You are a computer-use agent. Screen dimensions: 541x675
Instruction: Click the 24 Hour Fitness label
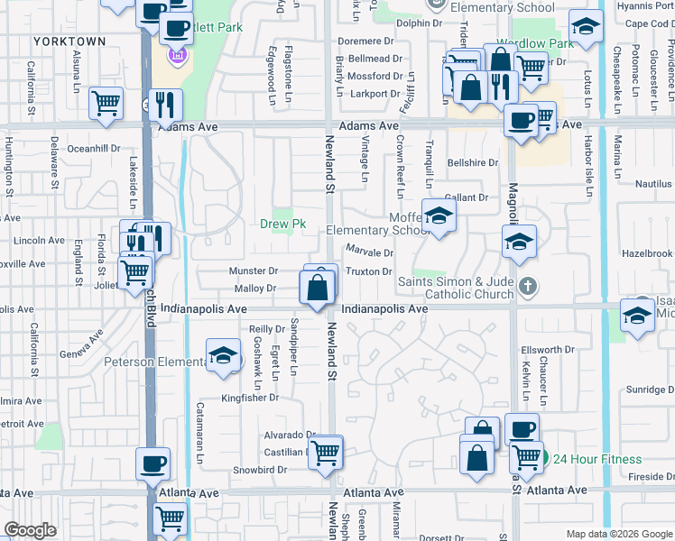click(596, 459)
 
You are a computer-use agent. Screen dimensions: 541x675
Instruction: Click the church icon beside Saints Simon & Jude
click(530, 288)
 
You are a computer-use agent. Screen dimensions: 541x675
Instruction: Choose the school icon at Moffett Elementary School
click(439, 216)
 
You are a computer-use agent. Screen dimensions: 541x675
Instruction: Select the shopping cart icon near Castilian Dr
click(325, 453)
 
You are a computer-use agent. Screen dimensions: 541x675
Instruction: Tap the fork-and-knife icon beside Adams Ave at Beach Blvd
click(164, 105)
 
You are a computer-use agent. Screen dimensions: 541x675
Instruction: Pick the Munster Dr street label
click(253, 270)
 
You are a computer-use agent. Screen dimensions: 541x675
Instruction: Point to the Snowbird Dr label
click(260, 470)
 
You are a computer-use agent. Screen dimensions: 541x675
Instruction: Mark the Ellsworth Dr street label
click(548, 350)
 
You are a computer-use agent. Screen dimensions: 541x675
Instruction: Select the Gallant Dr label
click(466, 197)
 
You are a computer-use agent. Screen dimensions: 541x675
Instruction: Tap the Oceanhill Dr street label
click(94, 148)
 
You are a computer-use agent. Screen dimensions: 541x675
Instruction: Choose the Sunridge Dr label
click(646, 390)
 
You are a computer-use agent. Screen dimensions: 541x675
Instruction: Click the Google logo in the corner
click(30, 530)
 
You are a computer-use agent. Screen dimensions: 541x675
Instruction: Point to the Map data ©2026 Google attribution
click(618, 534)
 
